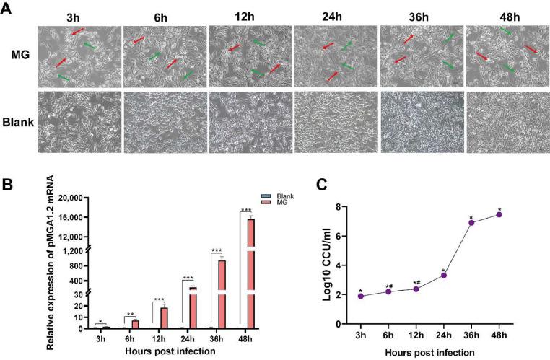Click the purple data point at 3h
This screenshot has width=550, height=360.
360,296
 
